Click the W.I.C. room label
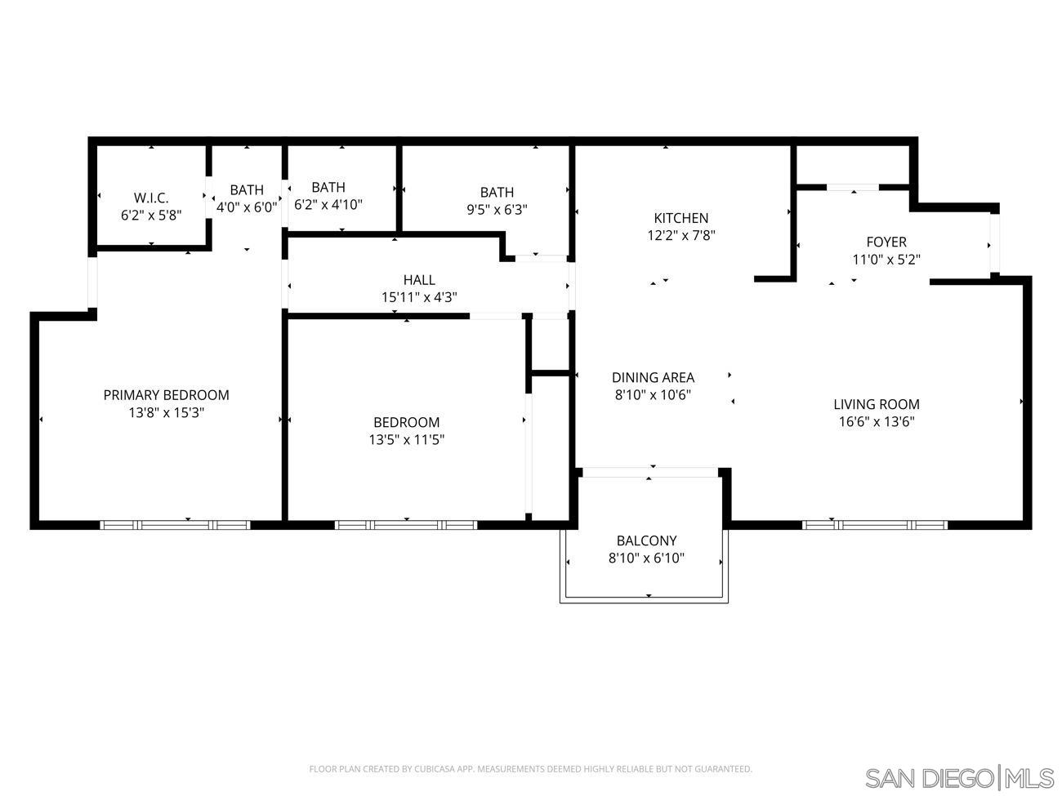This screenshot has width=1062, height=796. [151, 198]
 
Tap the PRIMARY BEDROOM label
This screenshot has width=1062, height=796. [166, 395]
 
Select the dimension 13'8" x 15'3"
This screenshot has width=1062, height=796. [166, 413]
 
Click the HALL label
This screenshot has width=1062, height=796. [419, 280]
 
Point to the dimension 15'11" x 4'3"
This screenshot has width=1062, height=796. [419, 298]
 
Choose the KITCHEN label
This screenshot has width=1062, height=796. [680, 218]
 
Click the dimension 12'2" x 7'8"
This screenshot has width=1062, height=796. [680, 236]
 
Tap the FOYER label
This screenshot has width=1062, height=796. [886, 242]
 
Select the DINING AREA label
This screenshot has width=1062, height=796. [653, 377]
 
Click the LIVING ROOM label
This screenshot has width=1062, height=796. [876, 404]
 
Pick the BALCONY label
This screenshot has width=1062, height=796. [646, 540]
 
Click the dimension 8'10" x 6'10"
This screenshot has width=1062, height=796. [646, 558]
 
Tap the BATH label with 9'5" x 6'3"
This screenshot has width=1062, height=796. [497, 192]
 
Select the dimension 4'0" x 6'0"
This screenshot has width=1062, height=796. [246, 207]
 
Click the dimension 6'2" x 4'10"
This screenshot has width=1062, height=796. [328, 205]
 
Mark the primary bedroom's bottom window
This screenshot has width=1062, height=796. [175, 525]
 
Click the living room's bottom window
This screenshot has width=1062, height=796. [875, 525]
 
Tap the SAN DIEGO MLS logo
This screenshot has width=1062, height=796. [959, 778]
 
